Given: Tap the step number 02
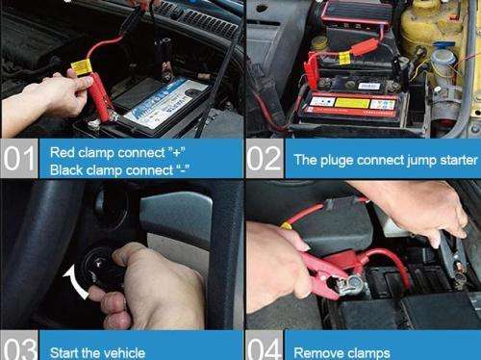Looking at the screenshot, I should (x=265, y=160).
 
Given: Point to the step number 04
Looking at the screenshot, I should (x=265, y=344).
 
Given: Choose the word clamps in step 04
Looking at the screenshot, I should (x=369, y=352).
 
